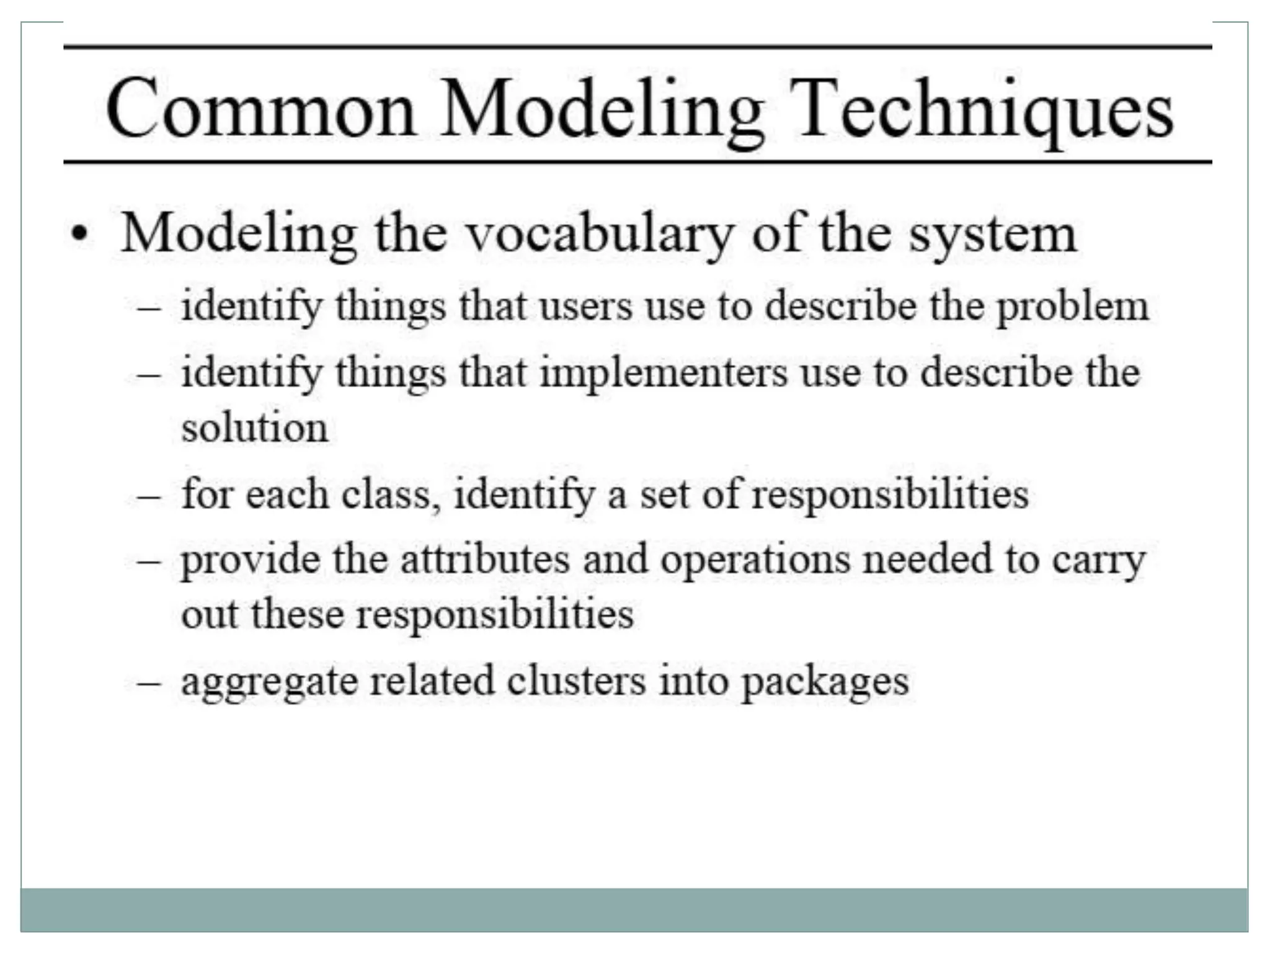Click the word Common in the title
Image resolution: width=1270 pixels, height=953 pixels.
coord(260,110)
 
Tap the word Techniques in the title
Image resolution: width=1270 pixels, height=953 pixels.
coord(981,110)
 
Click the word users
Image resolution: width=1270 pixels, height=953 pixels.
coord(585,306)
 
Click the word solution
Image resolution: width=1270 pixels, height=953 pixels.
coord(254,428)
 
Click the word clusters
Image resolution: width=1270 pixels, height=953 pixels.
coord(576,681)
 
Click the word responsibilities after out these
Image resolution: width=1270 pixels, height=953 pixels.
coord(494,615)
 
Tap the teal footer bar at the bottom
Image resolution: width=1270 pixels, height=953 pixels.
coord(634,910)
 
